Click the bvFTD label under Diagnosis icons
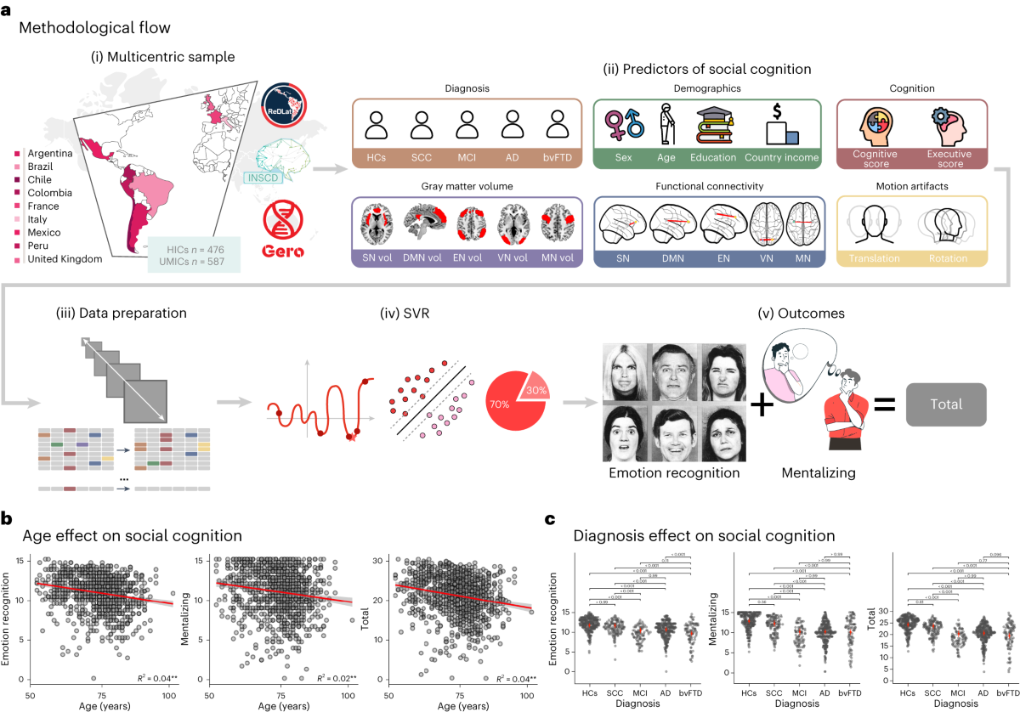pos(558,158)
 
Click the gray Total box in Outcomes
pos(947,405)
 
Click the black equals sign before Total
pos(884,404)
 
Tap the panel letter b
pos(7,517)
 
